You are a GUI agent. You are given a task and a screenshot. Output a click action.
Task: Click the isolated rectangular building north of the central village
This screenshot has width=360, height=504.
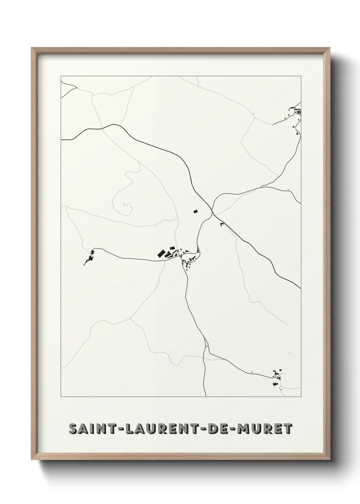point(195,211)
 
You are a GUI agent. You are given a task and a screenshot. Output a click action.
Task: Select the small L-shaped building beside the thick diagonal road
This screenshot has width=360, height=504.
point(223,224)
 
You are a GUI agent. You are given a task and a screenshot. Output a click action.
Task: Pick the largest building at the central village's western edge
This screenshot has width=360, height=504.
point(160,253)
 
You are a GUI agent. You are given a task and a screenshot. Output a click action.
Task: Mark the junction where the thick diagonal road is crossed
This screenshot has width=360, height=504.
point(212,212)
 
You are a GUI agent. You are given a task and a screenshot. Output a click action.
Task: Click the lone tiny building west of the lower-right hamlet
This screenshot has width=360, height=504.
point(252,372)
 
